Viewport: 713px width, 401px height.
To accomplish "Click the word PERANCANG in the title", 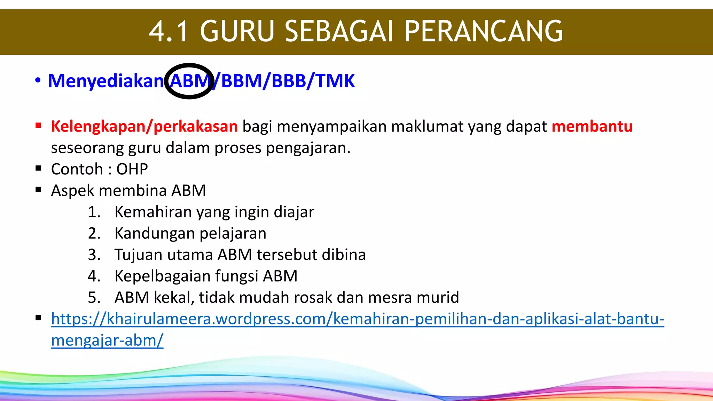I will pyautogui.click(x=483, y=31).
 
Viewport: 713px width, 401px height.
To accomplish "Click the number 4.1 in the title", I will pyautogui.click(x=169, y=31).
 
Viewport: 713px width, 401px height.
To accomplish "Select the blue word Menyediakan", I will pyautogui.click(x=105, y=81).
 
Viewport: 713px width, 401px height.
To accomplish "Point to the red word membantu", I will pyautogui.click(x=592, y=126).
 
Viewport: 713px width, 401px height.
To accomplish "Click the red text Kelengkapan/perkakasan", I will pyautogui.click(x=144, y=126).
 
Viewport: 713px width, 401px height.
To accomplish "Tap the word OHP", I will pyautogui.click(x=132, y=169).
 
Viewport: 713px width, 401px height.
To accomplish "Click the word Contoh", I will pyautogui.click(x=77, y=169).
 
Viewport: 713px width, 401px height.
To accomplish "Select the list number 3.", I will pyautogui.click(x=94, y=255).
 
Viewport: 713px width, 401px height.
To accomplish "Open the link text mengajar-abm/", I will pyautogui.click(x=107, y=340).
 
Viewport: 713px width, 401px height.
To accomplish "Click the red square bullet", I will pyautogui.click(x=38, y=125).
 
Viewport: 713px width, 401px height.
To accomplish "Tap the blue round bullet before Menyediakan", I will pyautogui.click(x=38, y=81).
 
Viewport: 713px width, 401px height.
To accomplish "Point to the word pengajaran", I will pyautogui.click(x=308, y=148).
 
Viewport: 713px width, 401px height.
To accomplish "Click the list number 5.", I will pyautogui.click(x=94, y=298).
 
